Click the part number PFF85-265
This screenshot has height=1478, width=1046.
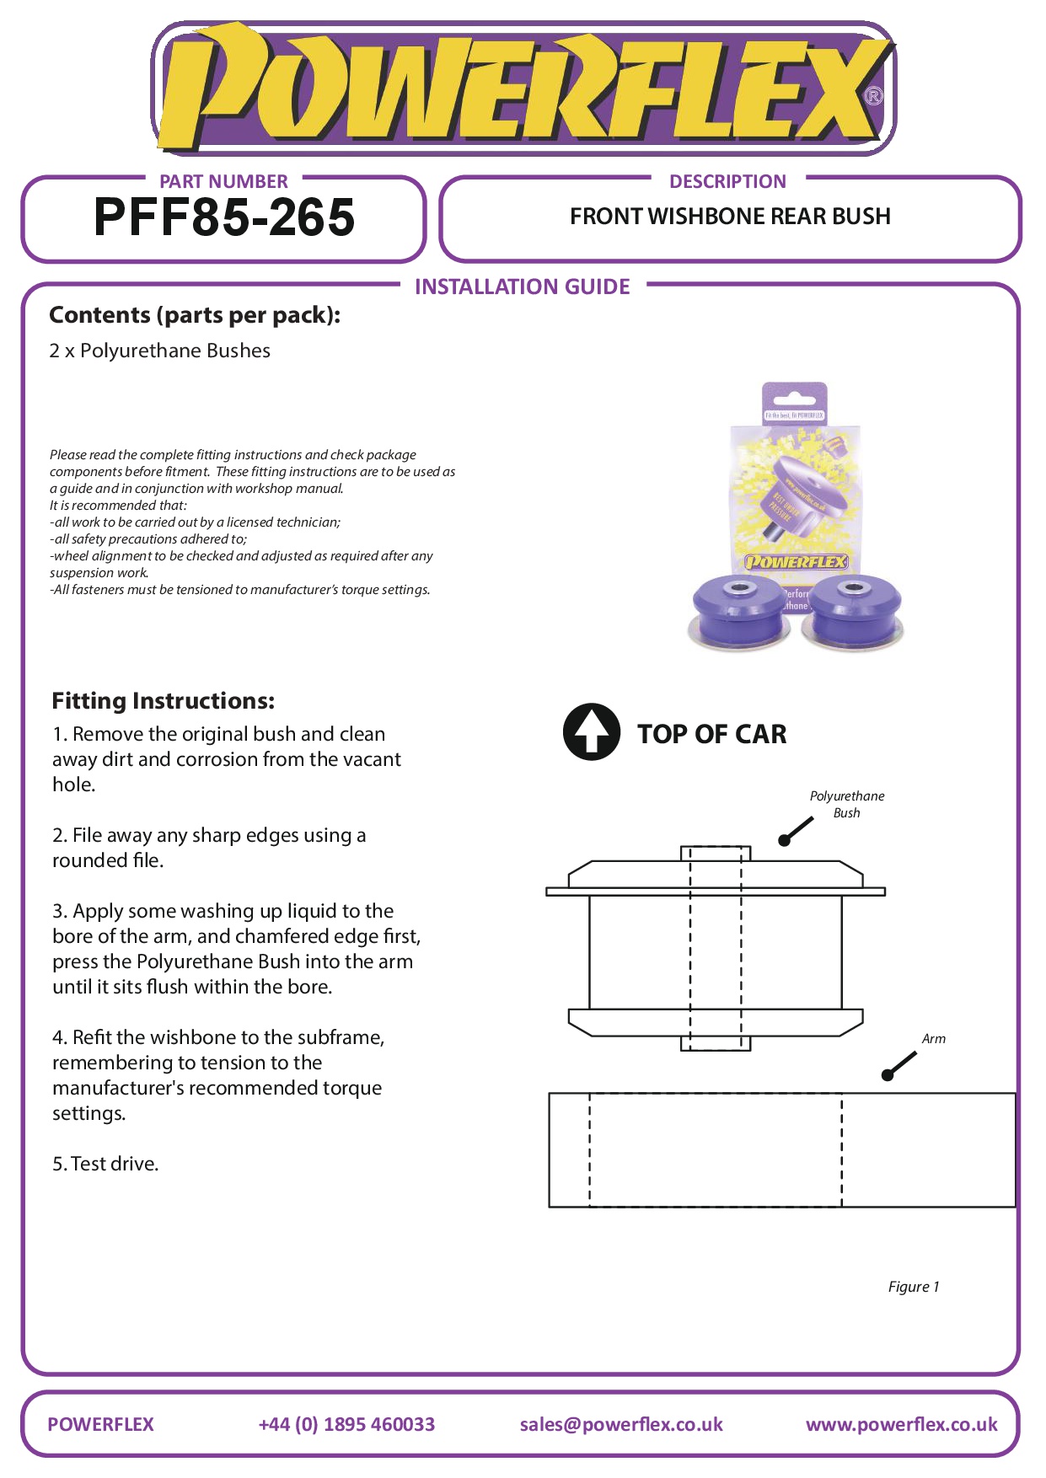[x=224, y=217]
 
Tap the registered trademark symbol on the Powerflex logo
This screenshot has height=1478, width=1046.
[x=874, y=96]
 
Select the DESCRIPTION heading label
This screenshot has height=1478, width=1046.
[x=727, y=182]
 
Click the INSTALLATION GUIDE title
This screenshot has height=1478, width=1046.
[x=522, y=287]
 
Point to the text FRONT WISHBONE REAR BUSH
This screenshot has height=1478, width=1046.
[x=730, y=217]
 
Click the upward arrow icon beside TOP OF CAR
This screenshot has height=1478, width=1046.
[x=592, y=732]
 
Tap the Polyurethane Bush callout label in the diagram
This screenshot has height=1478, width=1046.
[x=847, y=804]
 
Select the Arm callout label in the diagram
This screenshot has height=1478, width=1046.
[x=933, y=1039]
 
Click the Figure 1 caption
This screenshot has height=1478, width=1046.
[x=913, y=1287]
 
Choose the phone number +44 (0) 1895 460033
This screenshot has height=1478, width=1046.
[x=346, y=1424]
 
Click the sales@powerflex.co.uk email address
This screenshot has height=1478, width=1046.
[x=621, y=1424]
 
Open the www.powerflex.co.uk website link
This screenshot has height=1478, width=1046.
[x=901, y=1424]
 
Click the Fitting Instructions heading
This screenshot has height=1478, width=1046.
[x=164, y=701]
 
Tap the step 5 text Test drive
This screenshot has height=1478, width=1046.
[x=106, y=1164]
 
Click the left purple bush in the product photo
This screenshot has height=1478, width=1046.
[x=739, y=611]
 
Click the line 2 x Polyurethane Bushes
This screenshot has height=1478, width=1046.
[x=160, y=351]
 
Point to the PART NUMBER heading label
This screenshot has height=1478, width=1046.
[x=223, y=182]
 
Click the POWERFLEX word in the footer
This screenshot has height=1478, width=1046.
[x=101, y=1424]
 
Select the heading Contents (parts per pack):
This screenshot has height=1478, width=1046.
[x=195, y=315]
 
